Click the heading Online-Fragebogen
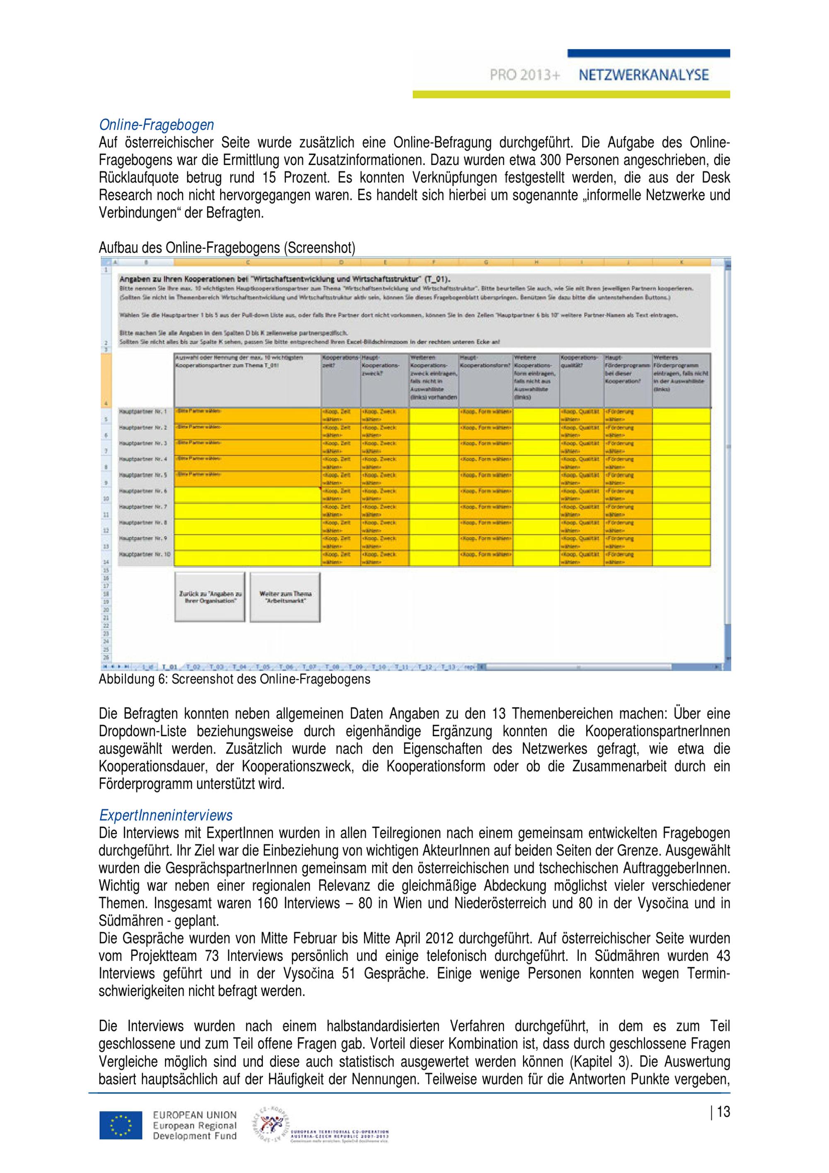[x=156, y=125]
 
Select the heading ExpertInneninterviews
[x=165, y=815]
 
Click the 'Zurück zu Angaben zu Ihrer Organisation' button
[x=210, y=597]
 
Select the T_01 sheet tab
[x=169, y=667]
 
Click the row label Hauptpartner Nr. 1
[x=143, y=411]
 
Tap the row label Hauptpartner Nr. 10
[x=145, y=554]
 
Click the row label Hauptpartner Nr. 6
[x=143, y=491]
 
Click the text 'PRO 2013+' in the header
[x=525, y=75]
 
